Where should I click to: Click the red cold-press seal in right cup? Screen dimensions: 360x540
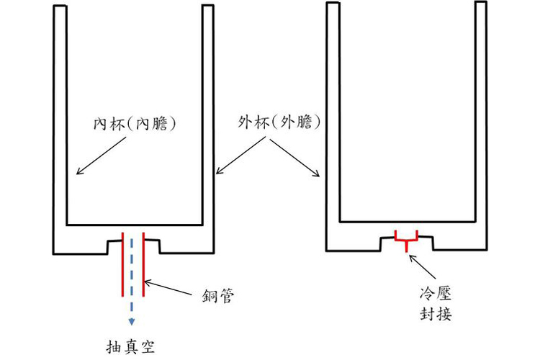coord(407,239)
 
